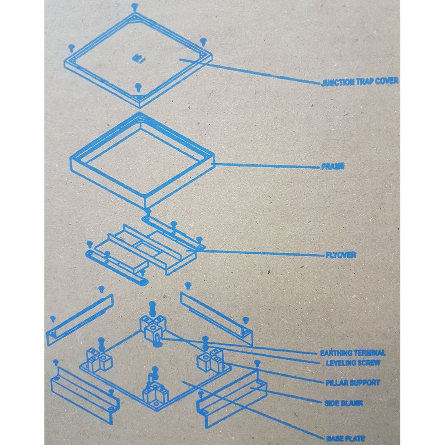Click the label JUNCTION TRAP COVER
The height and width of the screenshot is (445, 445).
(x=359, y=82)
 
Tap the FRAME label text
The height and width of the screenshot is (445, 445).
(x=332, y=166)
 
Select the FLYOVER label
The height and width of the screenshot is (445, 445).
(x=340, y=255)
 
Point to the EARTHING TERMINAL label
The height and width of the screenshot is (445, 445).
(x=352, y=353)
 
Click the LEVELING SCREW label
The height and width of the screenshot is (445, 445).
(x=353, y=363)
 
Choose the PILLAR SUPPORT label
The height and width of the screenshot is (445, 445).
(x=352, y=383)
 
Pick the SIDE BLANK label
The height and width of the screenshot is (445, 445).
(x=343, y=403)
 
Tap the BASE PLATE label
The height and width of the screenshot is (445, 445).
(x=346, y=438)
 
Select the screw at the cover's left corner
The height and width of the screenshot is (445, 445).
(x=71, y=47)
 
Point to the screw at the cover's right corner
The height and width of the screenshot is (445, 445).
(x=203, y=41)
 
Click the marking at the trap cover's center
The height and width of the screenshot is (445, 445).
(x=137, y=58)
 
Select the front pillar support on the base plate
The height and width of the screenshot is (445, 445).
(x=155, y=393)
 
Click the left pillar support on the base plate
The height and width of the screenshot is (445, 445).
(x=99, y=360)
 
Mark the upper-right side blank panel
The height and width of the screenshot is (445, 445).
(x=216, y=316)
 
